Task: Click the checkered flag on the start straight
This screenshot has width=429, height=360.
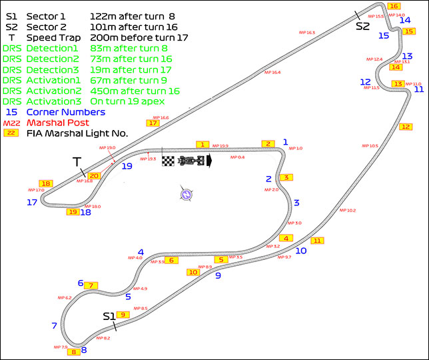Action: (169, 161)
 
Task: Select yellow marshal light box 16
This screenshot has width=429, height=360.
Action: (394, 6)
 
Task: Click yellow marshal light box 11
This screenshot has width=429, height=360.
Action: (318, 241)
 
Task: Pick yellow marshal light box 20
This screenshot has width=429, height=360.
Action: (94, 176)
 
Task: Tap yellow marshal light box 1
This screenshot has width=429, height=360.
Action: (203, 144)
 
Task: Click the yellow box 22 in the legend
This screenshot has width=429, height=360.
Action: (11, 133)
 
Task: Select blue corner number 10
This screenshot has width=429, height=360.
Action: (301, 251)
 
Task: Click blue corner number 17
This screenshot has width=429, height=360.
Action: (31, 202)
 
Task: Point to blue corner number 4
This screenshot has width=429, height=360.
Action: (141, 252)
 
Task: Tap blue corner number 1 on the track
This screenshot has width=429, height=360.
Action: (285, 141)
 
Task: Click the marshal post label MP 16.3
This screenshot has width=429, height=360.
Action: (307, 32)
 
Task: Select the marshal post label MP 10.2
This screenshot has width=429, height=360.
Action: (347, 211)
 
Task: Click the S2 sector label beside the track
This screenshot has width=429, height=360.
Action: (362, 26)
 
